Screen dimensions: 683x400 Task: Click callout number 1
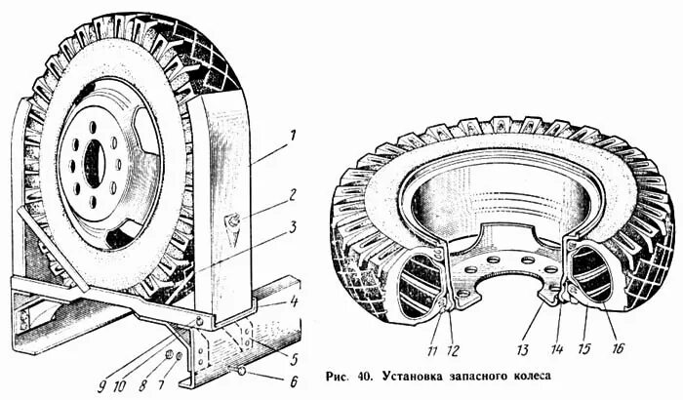tap(294, 134)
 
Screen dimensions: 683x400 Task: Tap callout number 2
tap(294, 194)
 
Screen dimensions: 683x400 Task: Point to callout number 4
tap(294, 300)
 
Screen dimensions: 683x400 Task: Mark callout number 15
tap(584, 348)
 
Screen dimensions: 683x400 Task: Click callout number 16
tap(618, 348)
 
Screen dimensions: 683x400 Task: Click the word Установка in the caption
tap(416, 376)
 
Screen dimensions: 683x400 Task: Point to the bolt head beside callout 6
tap(240, 372)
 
